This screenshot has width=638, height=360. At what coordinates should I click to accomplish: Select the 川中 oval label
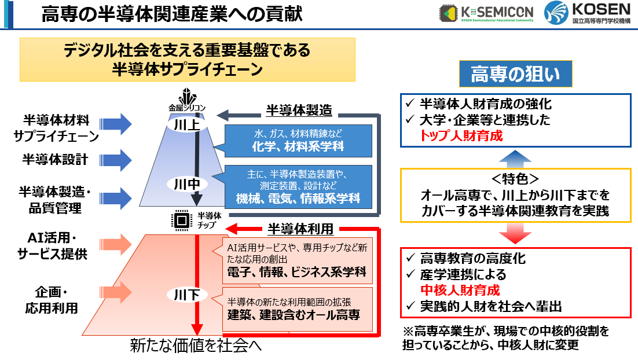(187, 184)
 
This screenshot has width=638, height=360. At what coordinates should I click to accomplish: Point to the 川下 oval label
(187, 295)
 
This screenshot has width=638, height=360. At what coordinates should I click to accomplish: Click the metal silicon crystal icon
(187, 95)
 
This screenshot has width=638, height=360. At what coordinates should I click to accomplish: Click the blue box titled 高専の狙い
(515, 75)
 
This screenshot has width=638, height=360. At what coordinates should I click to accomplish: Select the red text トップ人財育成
(461, 137)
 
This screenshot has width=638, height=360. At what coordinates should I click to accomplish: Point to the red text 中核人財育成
(460, 290)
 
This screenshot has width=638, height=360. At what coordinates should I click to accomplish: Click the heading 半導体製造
(295, 111)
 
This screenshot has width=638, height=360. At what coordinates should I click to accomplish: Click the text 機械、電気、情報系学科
(298, 199)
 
